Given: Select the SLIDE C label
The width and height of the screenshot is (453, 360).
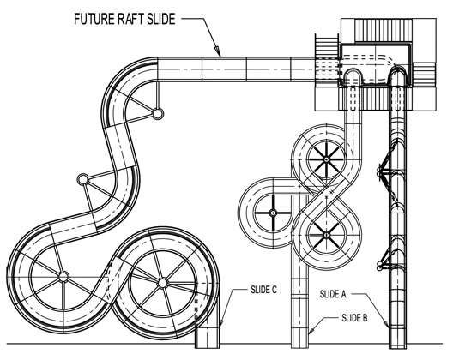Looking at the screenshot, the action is point(263,290).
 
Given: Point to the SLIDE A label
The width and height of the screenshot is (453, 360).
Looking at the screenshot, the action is point(333,294).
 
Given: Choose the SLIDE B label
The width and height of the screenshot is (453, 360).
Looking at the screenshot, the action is point(354,318).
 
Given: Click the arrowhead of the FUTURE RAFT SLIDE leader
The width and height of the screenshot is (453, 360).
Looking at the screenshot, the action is point(217,51).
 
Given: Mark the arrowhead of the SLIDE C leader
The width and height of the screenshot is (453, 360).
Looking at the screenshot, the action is point(221,323).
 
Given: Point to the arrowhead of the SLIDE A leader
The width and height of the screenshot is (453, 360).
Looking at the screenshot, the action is point(387,324).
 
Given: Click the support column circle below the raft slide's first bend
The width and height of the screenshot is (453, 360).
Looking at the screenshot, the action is point(158,113).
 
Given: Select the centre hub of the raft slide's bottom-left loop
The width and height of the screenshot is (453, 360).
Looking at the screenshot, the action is point(63,277).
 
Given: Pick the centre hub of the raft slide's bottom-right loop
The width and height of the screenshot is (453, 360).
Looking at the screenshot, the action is point(163,283).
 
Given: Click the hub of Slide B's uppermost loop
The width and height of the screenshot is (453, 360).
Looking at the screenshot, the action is point(327,159).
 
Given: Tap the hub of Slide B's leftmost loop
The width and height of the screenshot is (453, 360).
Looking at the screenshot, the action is point(273,213).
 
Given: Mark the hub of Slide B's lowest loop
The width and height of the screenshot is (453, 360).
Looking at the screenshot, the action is point(327,235).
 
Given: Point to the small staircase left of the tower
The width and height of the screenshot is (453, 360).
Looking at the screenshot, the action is point(327,45).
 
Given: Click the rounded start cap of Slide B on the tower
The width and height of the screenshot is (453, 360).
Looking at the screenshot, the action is point(353,74).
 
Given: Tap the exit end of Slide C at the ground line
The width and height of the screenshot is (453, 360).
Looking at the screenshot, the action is point(207,338).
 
